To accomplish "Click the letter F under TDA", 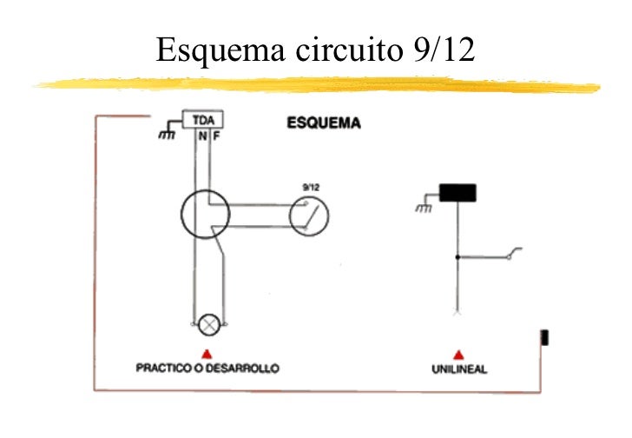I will pyautogui.click(x=215, y=136).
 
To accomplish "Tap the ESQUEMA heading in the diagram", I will pyautogui.click(x=324, y=123).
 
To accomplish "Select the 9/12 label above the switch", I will pyautogui.click(x=309, y=186).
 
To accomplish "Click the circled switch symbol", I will pyautogui.click(x=309, y=216).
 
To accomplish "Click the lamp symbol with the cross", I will pyautogui.click(x=209, y=324).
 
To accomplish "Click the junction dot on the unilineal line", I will pyautogui.click(x=457, y=256).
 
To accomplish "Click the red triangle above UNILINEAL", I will pyautogui.click(x=459, y=355).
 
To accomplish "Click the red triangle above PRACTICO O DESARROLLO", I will pyautogui.click(x=207, y=353).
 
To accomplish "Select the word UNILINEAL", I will pyautogui.click(x=459, y=370).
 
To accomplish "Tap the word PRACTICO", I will pyautogui.click(x=164, y=368).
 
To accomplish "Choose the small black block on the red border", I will pyautogui.click(x=545, y=337).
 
